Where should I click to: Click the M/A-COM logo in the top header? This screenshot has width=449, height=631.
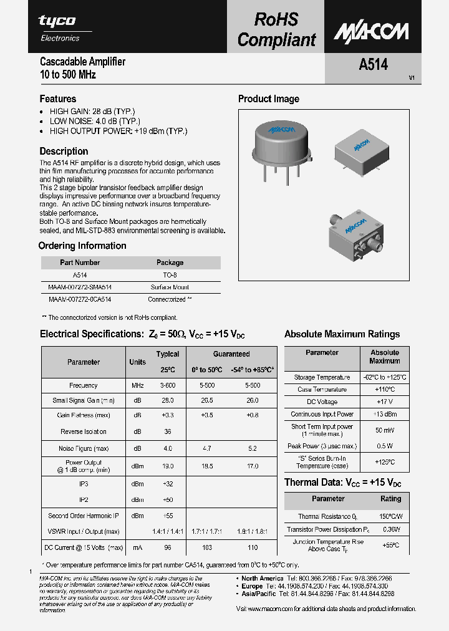[370, 31]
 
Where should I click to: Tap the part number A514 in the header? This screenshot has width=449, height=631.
[373, 64]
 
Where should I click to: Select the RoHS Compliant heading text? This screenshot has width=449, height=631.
[276, 29]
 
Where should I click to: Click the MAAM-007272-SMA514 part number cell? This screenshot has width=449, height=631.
[79, 287]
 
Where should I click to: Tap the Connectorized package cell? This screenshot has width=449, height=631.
[170, 299]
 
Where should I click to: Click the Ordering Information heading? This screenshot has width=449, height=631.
[82, 246]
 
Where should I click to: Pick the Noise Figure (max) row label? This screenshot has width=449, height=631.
[84, 448]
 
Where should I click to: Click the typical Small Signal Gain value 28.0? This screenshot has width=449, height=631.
[167, 400]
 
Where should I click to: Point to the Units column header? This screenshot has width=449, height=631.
[137, 362]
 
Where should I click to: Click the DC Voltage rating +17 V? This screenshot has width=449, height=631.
[384, 402]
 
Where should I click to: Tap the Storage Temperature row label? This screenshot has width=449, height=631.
[322, 377]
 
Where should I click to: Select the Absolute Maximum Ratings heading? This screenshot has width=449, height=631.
[342, 334]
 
